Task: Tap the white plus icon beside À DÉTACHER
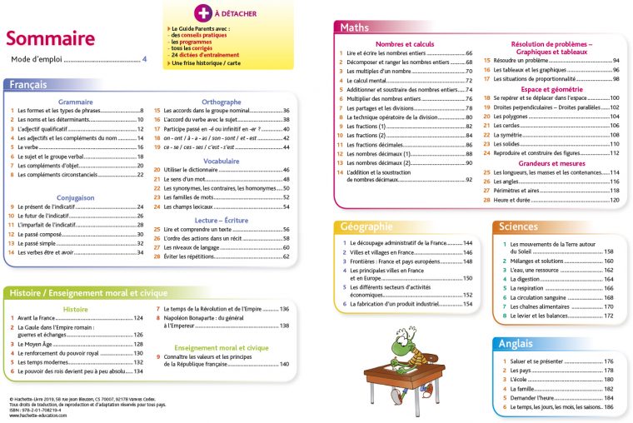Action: (x=202, y=13)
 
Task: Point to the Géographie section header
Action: (x=366, y=226)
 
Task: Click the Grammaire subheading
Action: (x=75, y=102)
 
